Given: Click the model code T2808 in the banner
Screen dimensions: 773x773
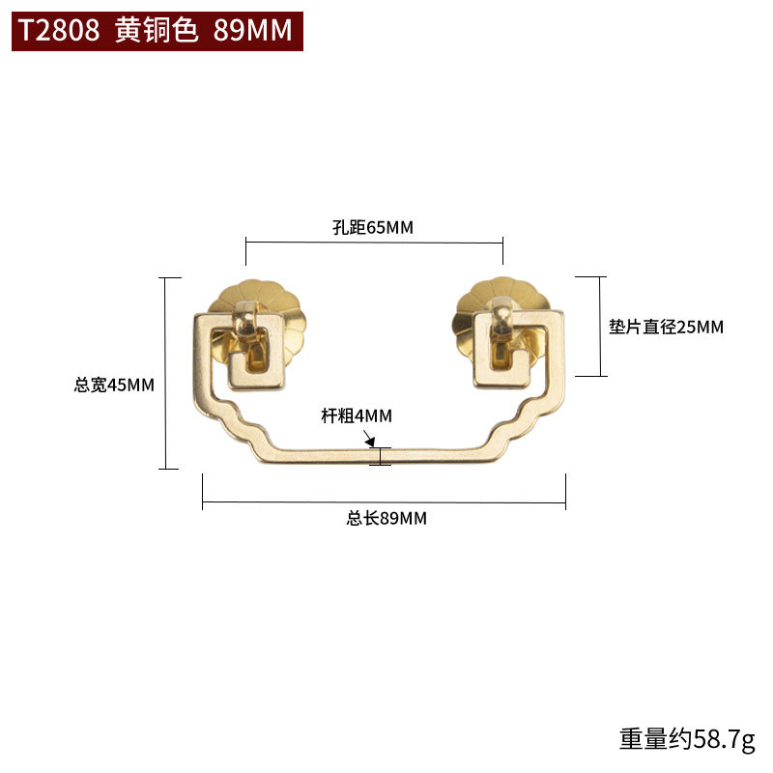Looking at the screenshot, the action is tap(59, 31).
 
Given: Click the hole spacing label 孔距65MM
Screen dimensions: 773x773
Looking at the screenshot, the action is tap(372, 228).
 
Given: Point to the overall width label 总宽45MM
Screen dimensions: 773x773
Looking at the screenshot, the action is tap(114, 385).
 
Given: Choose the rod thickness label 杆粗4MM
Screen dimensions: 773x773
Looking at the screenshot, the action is tap(357, 416).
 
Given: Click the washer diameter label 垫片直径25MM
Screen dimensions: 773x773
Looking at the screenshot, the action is tap(666, 328).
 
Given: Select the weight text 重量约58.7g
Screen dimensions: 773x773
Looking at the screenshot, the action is tap(686, 740).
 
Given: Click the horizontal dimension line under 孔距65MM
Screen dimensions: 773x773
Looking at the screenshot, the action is tap(374, 243).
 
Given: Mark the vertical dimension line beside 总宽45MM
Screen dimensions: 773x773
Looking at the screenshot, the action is tap(169, 373).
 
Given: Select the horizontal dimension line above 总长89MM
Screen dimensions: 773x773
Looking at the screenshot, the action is tap(384, 503).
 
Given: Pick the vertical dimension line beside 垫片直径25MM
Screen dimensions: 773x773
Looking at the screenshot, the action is tap(601, 327).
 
